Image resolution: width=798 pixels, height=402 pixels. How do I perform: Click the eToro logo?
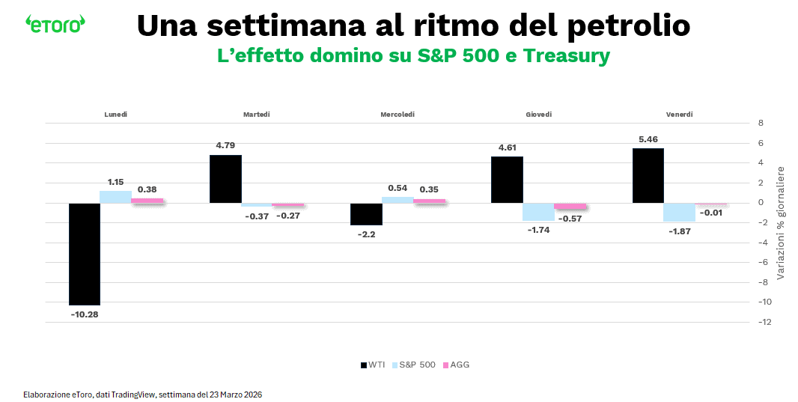pos(55,24)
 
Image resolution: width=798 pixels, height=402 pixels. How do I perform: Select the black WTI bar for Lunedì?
pos(84,254)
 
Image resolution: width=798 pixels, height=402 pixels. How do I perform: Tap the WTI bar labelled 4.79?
pos(225,179)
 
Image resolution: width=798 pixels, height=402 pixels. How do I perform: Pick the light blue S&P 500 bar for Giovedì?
pos(538,211)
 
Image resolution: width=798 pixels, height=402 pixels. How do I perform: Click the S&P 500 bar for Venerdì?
pos(679,212)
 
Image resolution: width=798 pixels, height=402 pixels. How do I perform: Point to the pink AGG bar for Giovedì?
pos(570,206)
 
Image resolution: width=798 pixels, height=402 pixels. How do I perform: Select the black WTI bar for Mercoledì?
pos(366,214)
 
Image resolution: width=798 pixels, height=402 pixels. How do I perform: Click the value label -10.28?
pos(84,314)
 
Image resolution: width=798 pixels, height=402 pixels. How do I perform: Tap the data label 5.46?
pos(648,140)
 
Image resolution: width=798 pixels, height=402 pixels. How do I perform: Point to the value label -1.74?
pos(538,229)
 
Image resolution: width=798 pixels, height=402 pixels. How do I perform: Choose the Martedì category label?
pos(257,115)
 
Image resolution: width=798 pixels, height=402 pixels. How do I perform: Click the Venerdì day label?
pos(679,115)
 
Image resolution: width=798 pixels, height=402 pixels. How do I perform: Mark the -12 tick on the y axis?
pos(762,322)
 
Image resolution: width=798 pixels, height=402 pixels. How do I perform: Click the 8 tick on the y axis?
pos(761,123)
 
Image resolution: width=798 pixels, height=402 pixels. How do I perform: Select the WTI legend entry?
pos(373,365)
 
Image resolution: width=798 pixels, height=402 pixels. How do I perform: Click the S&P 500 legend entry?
pos(413,365)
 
